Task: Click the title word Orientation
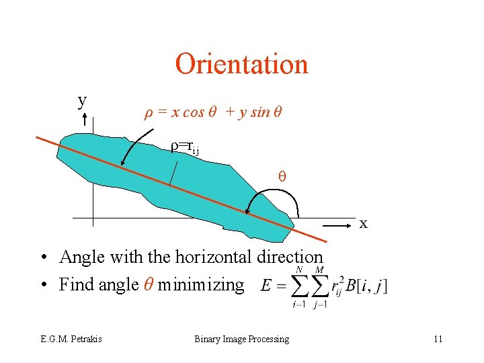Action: coord(241,65)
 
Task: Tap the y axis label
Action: coord(82,100)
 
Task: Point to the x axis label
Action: coord(363,223)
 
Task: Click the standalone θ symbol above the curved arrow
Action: coord(282,177)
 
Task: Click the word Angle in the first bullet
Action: coord(82,257)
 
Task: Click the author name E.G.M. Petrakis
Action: coord(71,339)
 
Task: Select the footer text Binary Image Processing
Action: coord(241,339)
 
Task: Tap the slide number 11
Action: coord(438,339)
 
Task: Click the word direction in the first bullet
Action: coord(295,257)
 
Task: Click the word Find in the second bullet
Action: coord(76,285)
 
